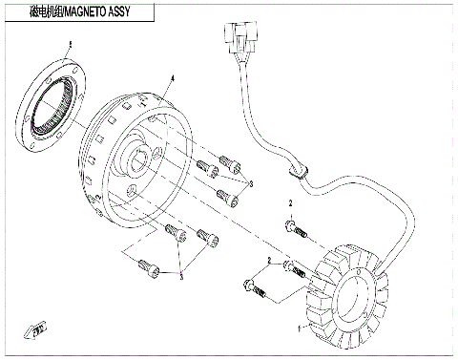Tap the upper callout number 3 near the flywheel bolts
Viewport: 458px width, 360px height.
tap(251, 181)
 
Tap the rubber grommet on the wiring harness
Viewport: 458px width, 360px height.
tap(297, 172)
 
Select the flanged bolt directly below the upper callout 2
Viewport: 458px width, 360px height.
tap(293, 227)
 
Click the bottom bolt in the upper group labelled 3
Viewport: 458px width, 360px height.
tap(227, 198)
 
